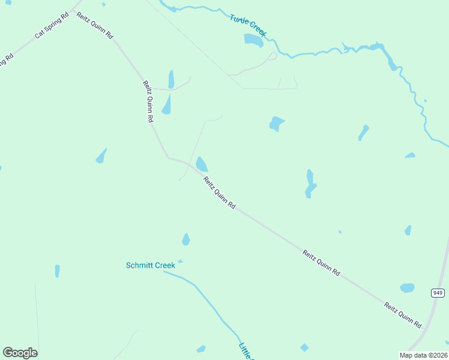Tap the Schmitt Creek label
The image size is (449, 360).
coord(150,265)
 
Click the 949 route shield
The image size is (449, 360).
coord(438,292)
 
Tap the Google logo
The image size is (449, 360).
coord(20,353)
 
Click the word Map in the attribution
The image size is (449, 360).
coord(406,355)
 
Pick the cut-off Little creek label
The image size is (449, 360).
coord(246,351)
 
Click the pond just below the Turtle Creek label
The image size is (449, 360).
coord(253,40)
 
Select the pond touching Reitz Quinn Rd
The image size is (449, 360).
coord(202,164)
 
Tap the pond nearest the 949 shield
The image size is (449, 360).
coord(408,288)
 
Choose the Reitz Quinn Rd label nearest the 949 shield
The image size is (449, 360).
coord(402,314)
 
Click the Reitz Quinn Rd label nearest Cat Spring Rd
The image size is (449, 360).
coord(94,25)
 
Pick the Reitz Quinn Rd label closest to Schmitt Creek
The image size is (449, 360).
coord(218,193)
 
